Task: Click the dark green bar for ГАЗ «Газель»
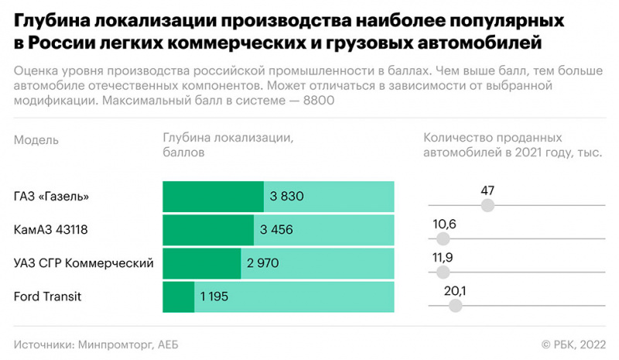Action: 213,197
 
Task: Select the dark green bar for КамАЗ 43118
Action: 208,230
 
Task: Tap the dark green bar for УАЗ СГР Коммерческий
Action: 201,263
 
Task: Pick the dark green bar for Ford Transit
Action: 178,297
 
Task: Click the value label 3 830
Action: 286,197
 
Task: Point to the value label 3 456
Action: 277,230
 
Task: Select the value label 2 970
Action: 263,263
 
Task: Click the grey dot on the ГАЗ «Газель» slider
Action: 487,205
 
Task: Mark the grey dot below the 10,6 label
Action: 442,238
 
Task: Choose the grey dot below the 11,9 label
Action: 443,272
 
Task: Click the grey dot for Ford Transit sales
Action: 455,305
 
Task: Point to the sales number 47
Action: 487,190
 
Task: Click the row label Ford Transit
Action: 48,297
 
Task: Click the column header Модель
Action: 36,140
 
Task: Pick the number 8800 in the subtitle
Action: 318,101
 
